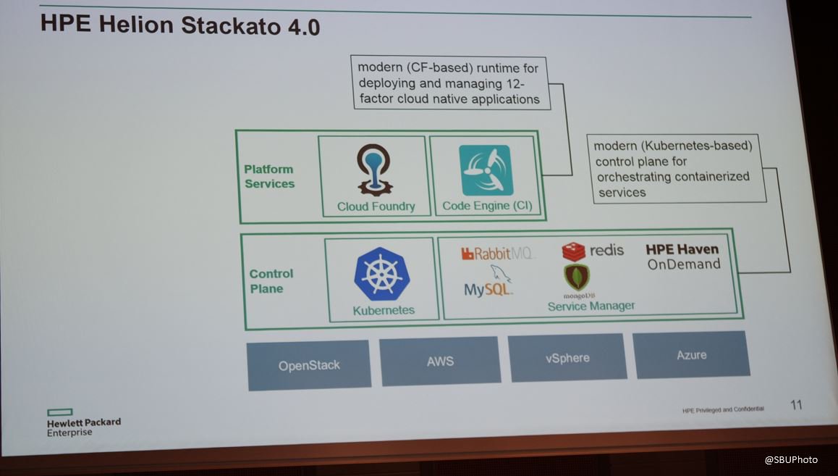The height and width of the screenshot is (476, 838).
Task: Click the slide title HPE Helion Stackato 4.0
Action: pyautogui.click(x=180, y=25)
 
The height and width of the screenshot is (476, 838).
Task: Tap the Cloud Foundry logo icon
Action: pyautogui.click(x=374, y=170)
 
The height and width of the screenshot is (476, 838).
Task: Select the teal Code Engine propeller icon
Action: pyautogui.click(x=486, y=170)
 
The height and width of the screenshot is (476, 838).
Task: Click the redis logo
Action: pyautogui.click(x=593, y=251)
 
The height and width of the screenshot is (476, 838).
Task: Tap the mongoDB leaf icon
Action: pyautogui.click(x=577, y=277)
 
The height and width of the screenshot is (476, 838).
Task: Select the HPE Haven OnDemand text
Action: pyautogui.click(x=683, y=256)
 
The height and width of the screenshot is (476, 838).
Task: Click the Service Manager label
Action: pyautogui.click(x=591, y=306)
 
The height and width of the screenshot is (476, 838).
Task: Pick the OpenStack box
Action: pyautogui.click(x=309, y=365)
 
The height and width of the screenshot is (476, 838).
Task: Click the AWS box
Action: pyautogui.click(x=440, y=360)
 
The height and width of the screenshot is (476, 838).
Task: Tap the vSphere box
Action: pyautogui.click(x=567, y=357)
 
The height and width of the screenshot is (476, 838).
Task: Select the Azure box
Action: pyautogui.click(x=691, y=355)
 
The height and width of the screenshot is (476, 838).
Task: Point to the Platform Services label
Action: pyautogui.click(x=269, y=176)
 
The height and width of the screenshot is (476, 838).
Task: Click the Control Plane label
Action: pyautogui.click(x=271, y=281)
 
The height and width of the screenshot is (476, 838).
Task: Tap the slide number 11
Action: pyautogui.click(x=795, y=405)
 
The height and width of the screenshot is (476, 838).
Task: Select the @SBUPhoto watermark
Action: pyautogui.click(x=791, y=459)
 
